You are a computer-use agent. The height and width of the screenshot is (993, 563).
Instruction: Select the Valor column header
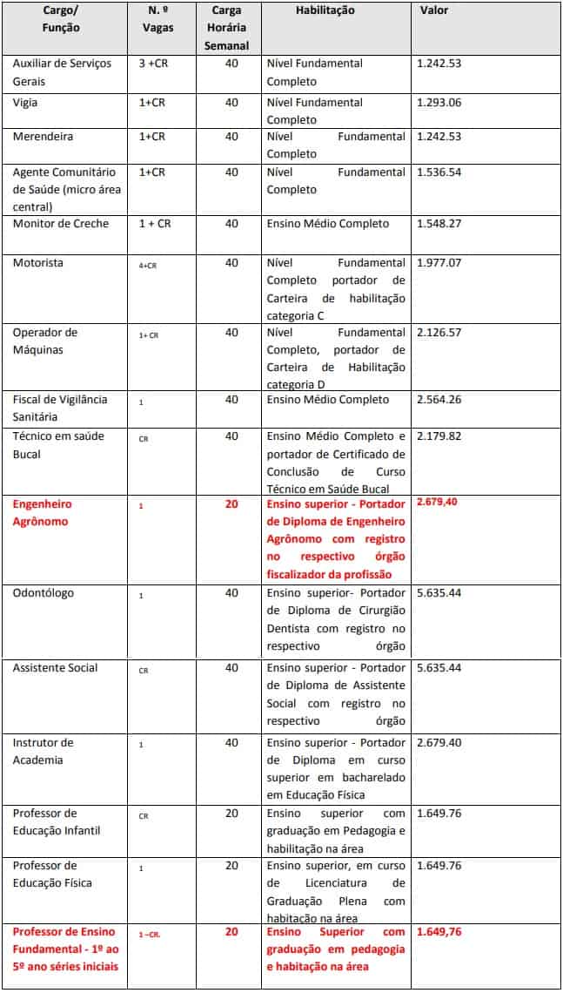(x=434, y=10)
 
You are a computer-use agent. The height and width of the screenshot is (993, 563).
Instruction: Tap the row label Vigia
(x=26, y=103)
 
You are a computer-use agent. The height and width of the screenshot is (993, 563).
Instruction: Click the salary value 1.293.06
(x=439, y=103)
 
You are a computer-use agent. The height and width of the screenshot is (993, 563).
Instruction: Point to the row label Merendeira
(x=43, y=137)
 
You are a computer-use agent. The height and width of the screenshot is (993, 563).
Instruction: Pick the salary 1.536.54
(x=439, y=172)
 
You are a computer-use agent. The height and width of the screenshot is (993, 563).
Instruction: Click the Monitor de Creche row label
(x=61, y=224)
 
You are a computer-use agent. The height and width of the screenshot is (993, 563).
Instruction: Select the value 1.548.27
(x=439, y=224)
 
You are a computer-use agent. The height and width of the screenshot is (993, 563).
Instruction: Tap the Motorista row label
(x=37, y=263)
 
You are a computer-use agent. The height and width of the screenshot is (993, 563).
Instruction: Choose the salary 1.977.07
(x=439, y=263)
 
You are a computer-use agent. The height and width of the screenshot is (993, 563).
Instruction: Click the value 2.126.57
(x=439, y=333)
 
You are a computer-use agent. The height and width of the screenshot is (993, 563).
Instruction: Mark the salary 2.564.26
(x=439, y=400)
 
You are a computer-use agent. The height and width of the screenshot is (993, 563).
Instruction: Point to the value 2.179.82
(x=439, y=436)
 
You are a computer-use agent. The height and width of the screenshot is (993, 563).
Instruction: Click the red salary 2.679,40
(x=439, y=503)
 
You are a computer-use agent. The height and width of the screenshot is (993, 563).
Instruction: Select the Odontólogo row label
(x=44, y=593)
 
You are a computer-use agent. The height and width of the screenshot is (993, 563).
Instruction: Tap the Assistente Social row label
(x=55, y=668)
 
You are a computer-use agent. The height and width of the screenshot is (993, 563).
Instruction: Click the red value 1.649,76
(x=439, y=932)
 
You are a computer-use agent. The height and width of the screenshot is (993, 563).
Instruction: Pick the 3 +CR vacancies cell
(x=153, y=64)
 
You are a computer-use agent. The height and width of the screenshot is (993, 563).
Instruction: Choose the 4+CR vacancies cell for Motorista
(x=147, y=264)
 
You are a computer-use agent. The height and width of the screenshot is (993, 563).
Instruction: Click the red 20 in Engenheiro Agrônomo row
(x=231, y=504)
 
